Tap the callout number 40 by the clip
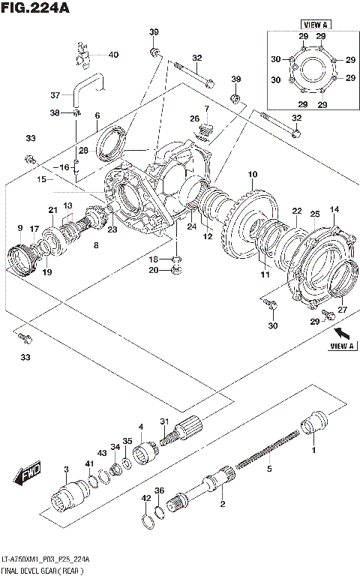pos(113,55)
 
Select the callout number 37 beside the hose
pos(54,95)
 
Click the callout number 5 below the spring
pos(269,470)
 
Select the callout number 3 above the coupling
pos(66,470)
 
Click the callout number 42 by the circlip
pos(145,497)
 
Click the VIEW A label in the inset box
pos(310,25)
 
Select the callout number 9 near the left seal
pos(19,228)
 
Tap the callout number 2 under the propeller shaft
pos(222,504)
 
